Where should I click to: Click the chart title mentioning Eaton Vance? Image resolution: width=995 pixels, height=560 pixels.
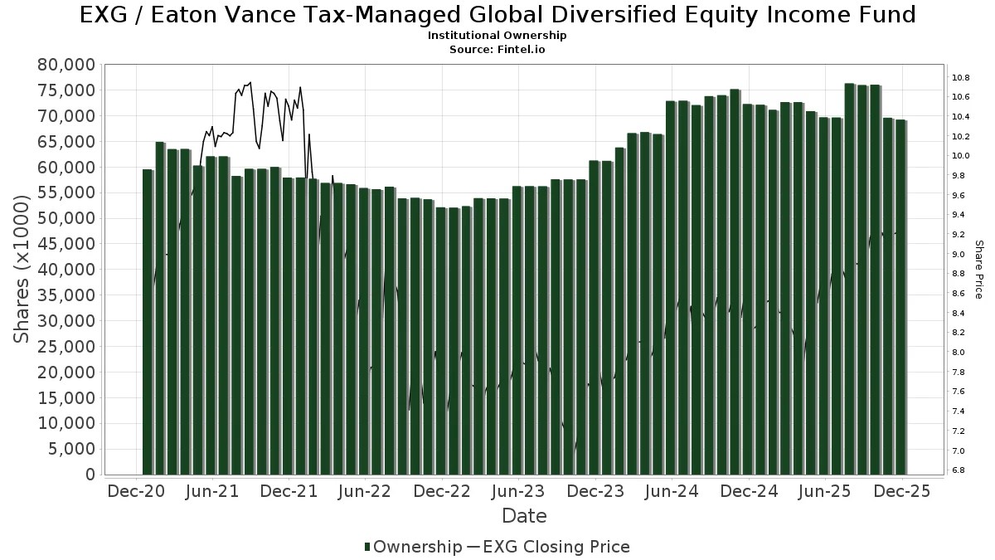[x=498, y=15]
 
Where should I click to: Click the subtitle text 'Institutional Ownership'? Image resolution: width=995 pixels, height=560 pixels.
[x=497, y=36]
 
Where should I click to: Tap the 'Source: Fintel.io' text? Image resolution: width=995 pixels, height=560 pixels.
[x=497, y=49]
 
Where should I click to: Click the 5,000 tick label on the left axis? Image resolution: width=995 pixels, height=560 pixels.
[x=73, y=449]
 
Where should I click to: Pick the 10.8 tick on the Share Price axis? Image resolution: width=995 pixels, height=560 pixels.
[x=961, y=78]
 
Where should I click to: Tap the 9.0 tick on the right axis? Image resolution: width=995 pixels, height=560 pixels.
[x=959, y=255]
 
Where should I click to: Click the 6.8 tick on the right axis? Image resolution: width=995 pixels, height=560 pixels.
[x=959, y=470]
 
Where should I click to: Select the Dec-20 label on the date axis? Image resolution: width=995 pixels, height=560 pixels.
[x=136, y=491]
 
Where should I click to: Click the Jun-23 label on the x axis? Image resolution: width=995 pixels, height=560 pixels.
[x=518, y=491]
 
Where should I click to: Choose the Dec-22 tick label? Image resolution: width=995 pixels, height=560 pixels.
[x=442, y=491]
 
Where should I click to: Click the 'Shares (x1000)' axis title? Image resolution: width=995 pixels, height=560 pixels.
[x=23, y=269]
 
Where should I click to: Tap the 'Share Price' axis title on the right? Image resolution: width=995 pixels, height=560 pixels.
[x=978, y=269]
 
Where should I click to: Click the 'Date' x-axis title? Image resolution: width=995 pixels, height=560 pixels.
[x=524, y=516]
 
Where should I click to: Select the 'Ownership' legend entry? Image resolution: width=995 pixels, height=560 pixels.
[x=413, y=547]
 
